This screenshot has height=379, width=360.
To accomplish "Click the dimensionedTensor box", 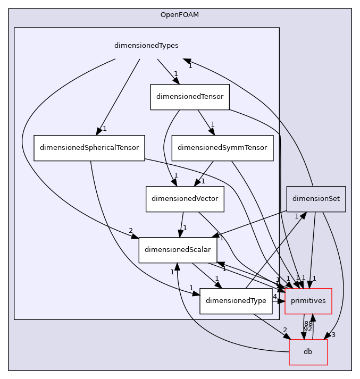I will (x=189, y=97).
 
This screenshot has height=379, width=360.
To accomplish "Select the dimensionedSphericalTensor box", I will (x=89, y=148).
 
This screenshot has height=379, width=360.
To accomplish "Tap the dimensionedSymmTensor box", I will (x=222, y=148).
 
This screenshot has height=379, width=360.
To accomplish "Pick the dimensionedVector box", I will (x=185, y=199).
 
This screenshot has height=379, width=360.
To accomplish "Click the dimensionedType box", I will (x=236, y=301).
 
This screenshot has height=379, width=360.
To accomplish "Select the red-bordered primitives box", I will (x=308, y=301).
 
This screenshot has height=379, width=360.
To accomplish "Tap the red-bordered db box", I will (x=308, y=352).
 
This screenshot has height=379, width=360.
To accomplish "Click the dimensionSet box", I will (x=316, y=199).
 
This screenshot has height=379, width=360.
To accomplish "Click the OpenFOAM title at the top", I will (x=180, y=14).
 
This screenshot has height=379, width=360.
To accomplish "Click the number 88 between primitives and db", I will (x=308, y=323).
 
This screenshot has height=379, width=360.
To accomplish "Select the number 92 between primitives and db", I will (x=307, y=329).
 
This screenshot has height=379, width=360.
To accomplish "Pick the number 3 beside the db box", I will (x=333, y=334).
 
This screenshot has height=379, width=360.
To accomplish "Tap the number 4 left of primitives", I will (x=275, y=296).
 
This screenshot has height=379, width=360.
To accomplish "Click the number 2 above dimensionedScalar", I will (x=130, y=230).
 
